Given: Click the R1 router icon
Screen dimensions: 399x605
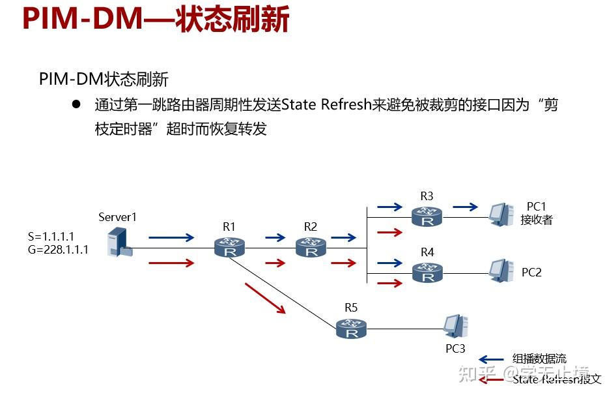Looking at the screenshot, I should [229, 247].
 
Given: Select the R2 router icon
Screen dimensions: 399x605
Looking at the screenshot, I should [311, 247].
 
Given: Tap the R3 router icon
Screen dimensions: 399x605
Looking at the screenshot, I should [427, 216].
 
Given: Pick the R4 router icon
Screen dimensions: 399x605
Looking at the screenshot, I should [427, 272].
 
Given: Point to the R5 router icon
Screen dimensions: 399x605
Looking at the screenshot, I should [352, 328].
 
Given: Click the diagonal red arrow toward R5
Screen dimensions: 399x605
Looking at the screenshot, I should [265, 298].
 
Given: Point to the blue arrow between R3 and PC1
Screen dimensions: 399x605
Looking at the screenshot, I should [465, 207].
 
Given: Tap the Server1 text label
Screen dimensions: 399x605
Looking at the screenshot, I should [118, 216].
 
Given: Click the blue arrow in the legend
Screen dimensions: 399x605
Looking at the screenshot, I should [491, 359].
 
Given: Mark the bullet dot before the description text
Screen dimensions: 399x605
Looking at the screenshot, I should [76, 104].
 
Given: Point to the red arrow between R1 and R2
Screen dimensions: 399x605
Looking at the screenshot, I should [275, 263].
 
